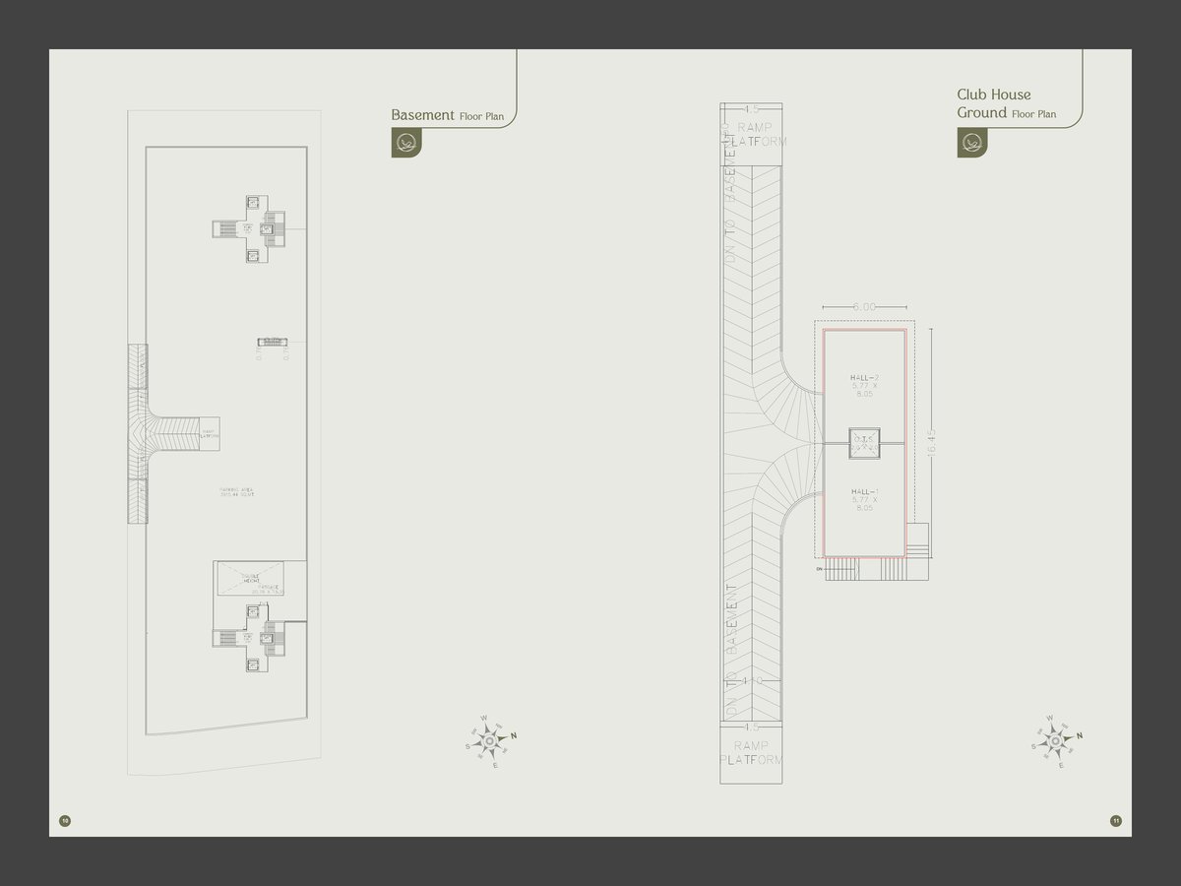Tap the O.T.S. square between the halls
pyautogui.click(x=864, y=442)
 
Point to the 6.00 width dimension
pyautogui.click(x=864, y=307)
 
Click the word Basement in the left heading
pyautogui.click(x=422, y=115)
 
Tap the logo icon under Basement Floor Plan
pyautogui.click(x=404, y=143)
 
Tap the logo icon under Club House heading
pyautogui.click(x=971, y=143)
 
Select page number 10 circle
pyautogui.click(x=65, y=820)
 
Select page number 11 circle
pyautogui.click(x=1115, y=820)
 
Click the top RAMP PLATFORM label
pyautogui.click(x=755, y=135)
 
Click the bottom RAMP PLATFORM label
pyautogui.click(x=752, y=753)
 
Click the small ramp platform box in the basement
pyautogui.click(x=209, y=432)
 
